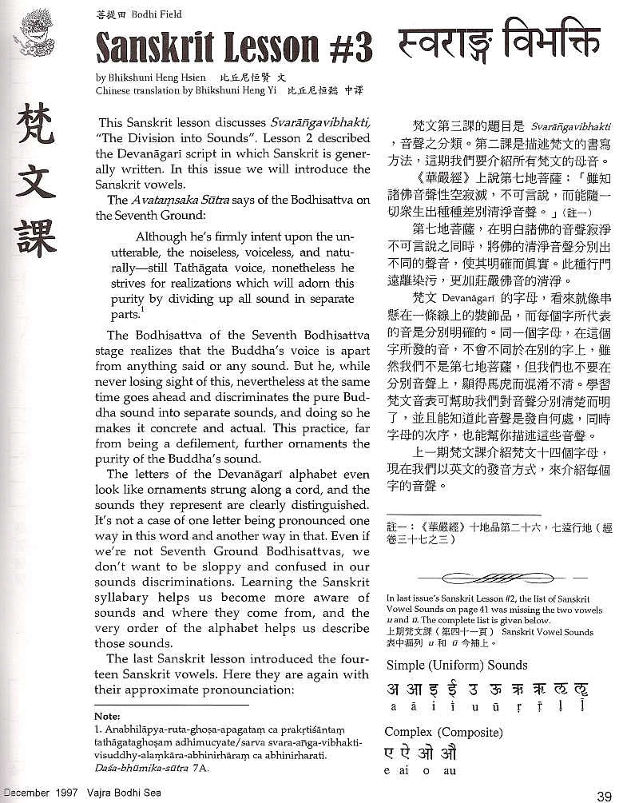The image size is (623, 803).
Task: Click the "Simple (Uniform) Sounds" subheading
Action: tap(456, 665)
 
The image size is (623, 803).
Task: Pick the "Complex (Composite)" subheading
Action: tap(443, 732)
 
